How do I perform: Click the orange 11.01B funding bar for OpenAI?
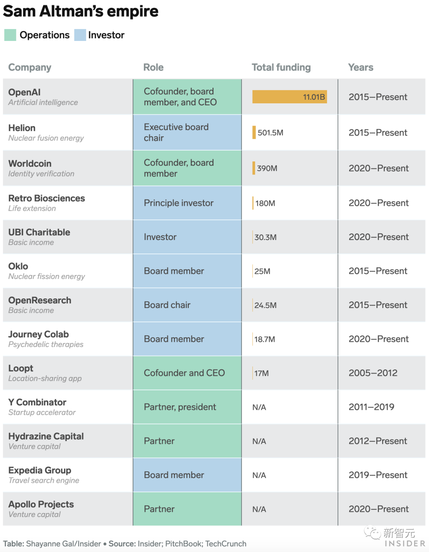289,97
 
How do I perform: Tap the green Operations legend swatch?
10,35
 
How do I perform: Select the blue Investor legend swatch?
80,35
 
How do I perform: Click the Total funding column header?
281,67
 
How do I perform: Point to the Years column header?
360,67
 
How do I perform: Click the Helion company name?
22,128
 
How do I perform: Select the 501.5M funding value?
270,133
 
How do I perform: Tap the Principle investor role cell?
178,203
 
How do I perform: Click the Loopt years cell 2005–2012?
373,373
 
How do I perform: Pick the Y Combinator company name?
37,402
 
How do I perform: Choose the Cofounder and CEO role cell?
184,373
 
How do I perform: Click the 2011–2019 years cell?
371,407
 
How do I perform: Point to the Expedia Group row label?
40,470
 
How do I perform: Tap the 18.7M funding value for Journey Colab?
265,339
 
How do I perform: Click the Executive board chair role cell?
176,132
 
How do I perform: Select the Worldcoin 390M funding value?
267,168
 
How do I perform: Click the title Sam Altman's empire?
81,11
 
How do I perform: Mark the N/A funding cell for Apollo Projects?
259,509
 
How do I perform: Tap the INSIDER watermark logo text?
404,543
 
